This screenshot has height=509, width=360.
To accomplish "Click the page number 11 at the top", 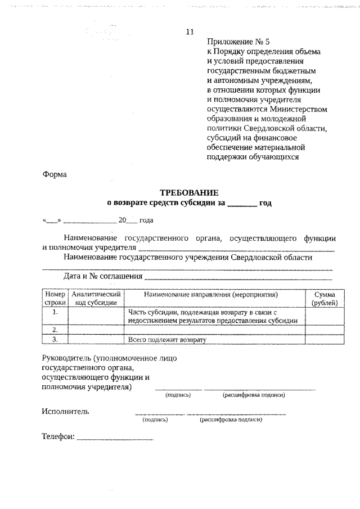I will (x=189, y=31).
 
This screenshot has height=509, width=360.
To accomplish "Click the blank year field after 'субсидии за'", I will (x=242, y=204).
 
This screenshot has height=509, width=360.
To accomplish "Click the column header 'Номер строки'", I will (x=55, y=299).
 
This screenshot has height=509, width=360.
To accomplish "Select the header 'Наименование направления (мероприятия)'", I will (x=214, y=294).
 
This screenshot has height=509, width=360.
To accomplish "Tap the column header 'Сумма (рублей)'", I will (x=325, y=299).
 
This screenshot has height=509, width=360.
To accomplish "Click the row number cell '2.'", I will (x=55, y=330).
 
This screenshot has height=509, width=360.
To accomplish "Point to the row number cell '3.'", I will (x=55, y=339).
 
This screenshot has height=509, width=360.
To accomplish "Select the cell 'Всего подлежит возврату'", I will (x=168, y=340).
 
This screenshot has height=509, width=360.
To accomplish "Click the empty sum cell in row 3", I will (x=325, y=339).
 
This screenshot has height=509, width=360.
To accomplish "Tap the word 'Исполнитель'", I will (x=65, y=411).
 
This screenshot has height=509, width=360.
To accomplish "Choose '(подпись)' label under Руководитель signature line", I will (x=178, y=395).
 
